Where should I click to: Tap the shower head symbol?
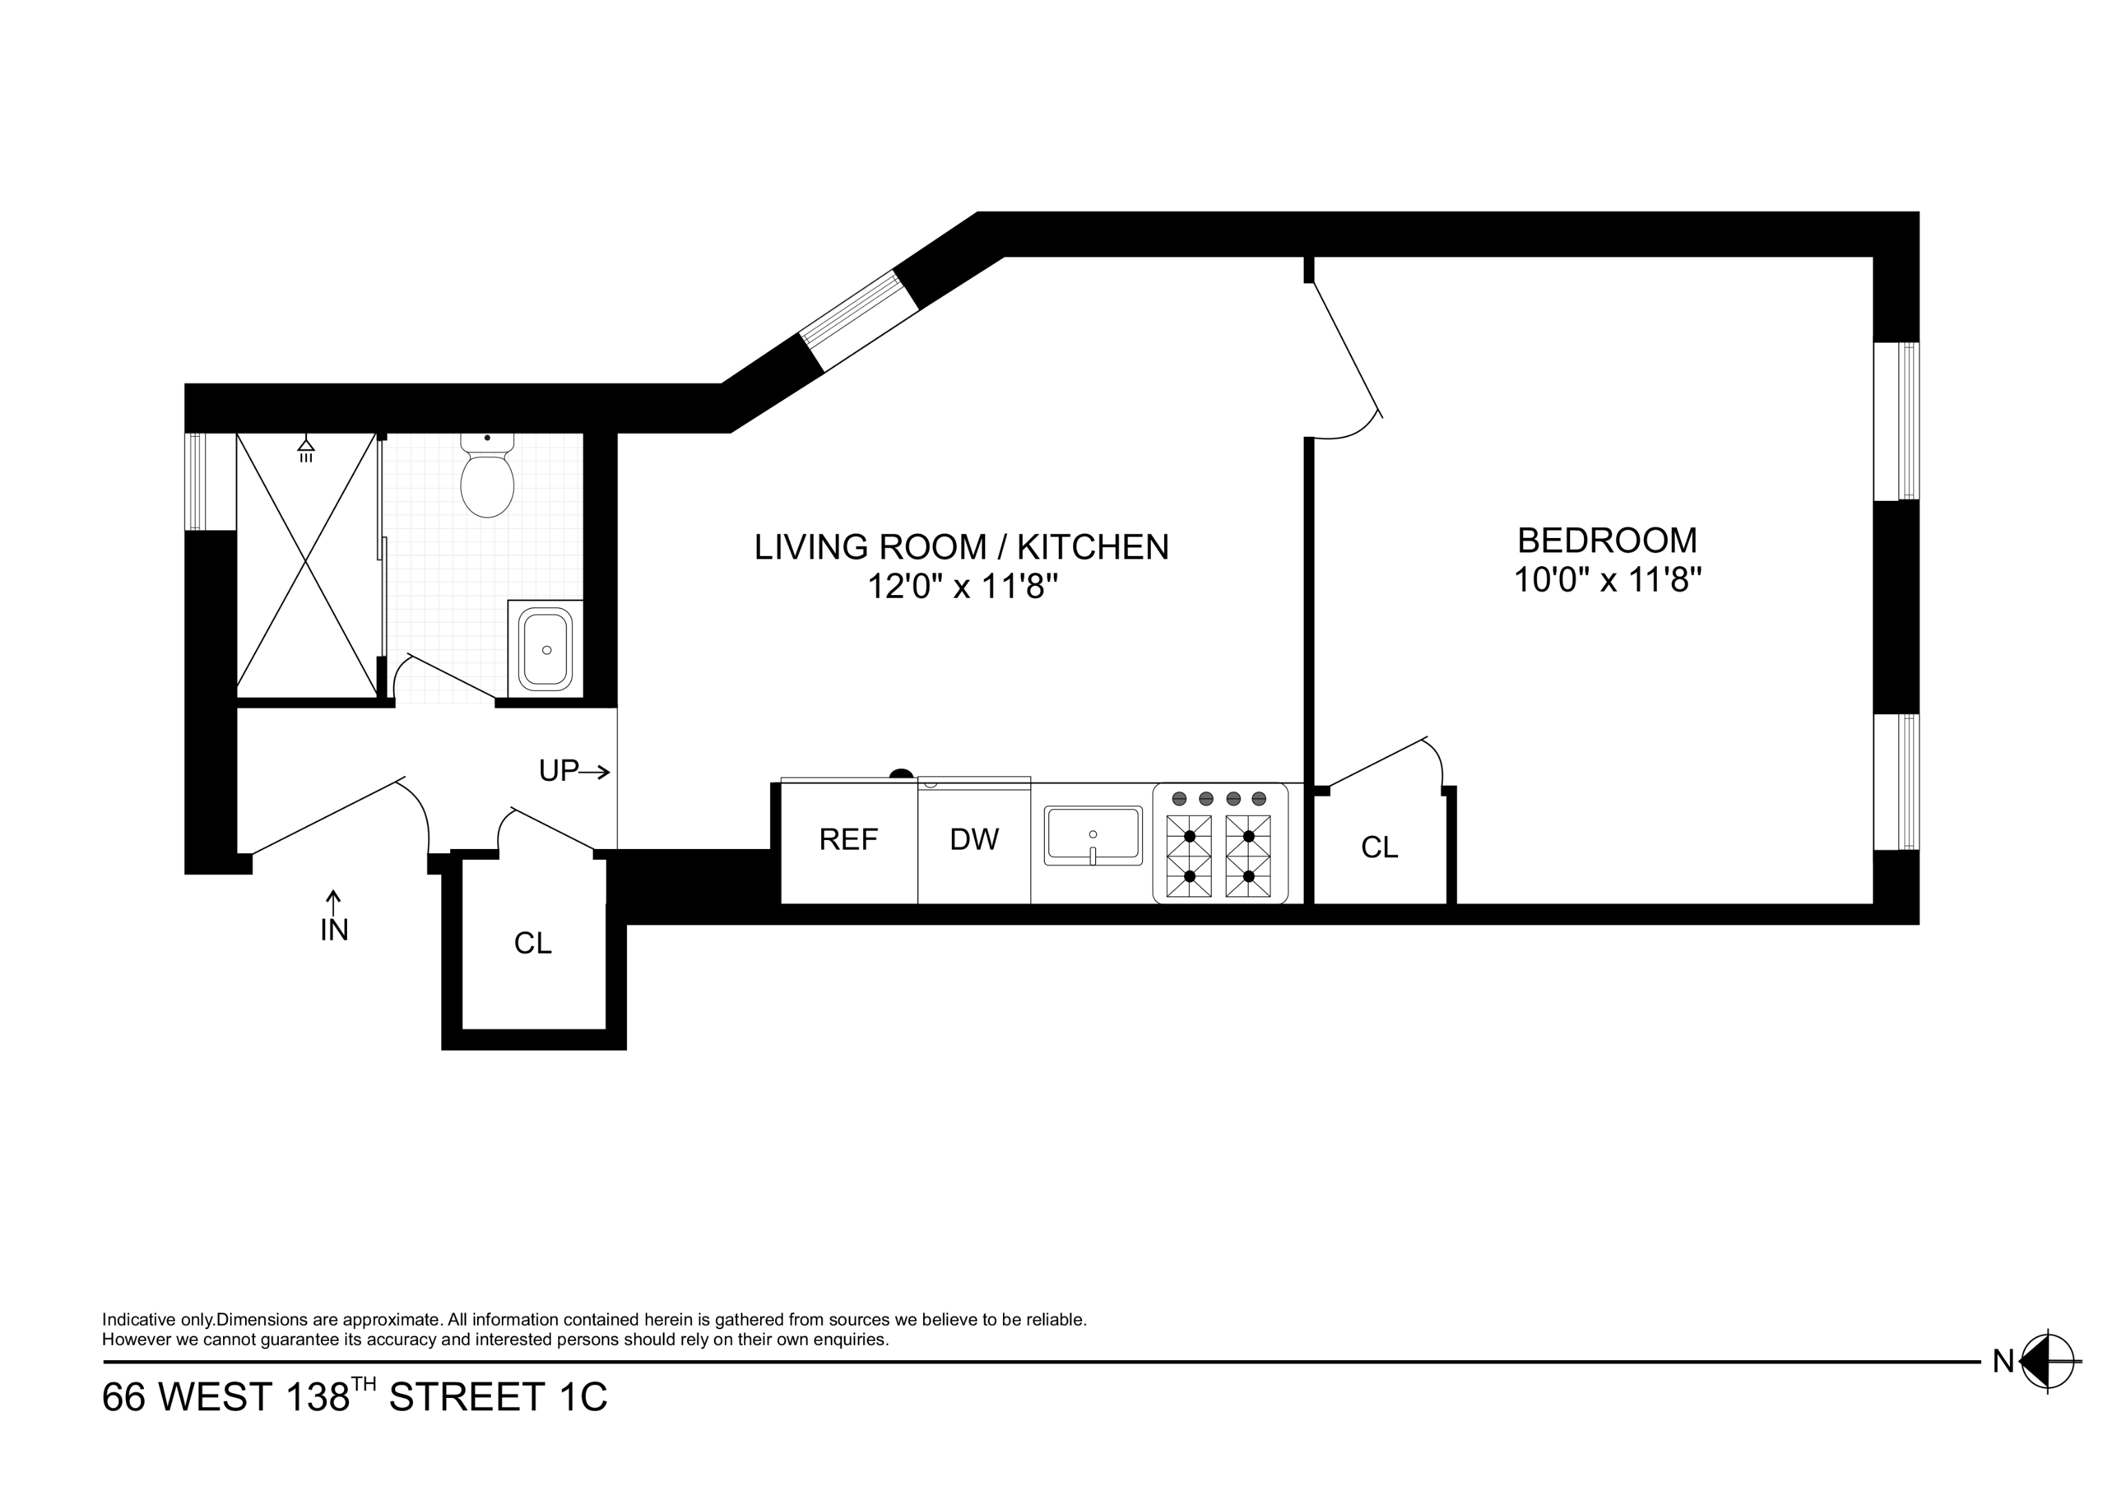coord(306,449)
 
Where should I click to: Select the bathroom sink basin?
coord(546,649)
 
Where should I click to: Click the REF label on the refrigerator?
coord(848,839)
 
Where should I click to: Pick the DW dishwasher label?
coord(973,839)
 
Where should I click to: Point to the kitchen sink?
coord(1092,835)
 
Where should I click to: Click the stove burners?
coord(1218,855)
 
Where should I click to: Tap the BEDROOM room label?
coord(1607,540)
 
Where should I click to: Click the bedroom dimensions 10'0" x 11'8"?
coord(1607,581)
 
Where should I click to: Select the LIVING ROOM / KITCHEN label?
coord(961,547)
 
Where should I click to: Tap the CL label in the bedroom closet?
coord(1379,848)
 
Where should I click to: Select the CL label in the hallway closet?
coord(532,943)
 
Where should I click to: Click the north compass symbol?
coord(2048,1362)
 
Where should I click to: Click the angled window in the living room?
coord(859,321)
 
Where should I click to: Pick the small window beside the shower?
coord(196,481)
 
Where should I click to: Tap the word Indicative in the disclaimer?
coord(138,1320)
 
